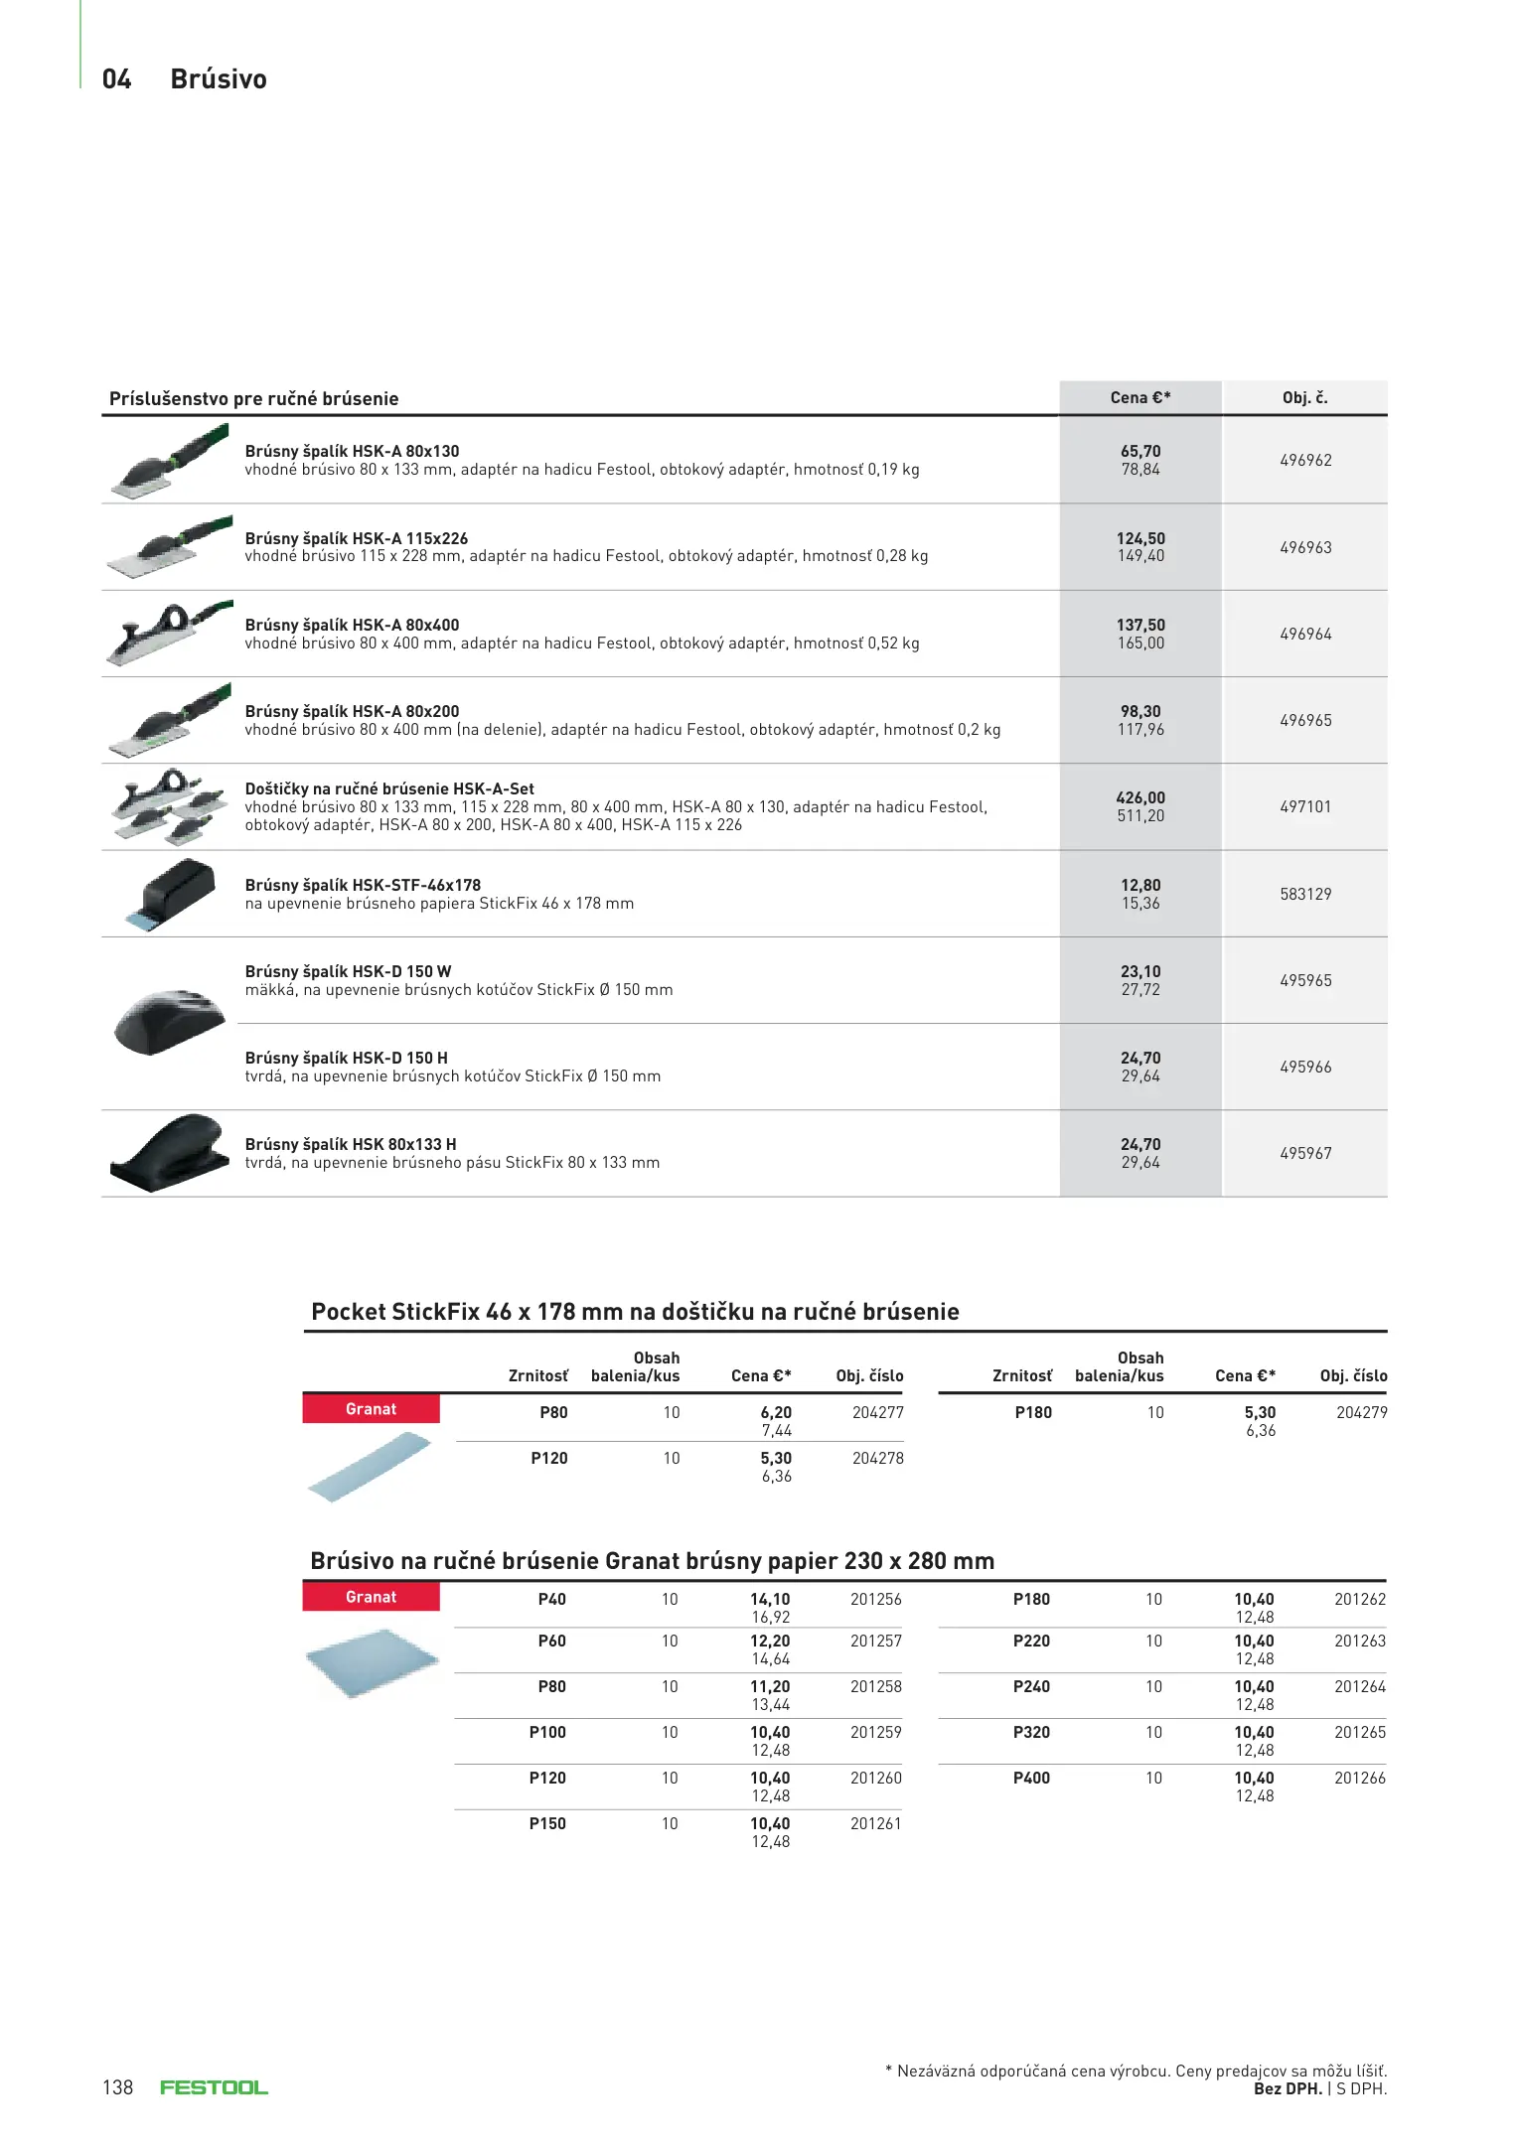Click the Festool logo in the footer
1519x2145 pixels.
click(x=214, y=2087)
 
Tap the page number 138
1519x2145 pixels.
click(x=117, y=2087)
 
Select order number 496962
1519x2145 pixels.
click(x=1305, y=460)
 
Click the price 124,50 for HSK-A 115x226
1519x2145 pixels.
click(x=1140, y=538)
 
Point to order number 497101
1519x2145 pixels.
click(x=1305, y=806)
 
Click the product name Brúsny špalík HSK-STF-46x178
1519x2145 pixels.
click(x=363, y=885)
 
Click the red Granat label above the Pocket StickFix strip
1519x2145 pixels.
click(x=371, y=1409)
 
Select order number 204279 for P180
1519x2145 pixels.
click(x=1361, y=1412)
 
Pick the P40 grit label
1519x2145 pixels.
click(x=551, y=1599)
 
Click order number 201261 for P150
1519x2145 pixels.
click(x=875, y=1823)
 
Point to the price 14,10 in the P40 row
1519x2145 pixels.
click(x=770, y=1599)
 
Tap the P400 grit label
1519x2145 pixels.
click(x=1031, y=1778)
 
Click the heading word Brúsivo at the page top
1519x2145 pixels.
click(x=219, y=79)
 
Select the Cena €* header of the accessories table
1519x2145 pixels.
click(x=1140, y=397)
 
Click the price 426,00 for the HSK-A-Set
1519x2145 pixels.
click(x=1140, y=797)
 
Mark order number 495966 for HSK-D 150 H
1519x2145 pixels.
click(x=1305, y=1067)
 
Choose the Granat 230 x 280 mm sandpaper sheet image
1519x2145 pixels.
click(x=372, y=1661)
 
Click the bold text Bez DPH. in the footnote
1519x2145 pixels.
click(x=1288, y=2088)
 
